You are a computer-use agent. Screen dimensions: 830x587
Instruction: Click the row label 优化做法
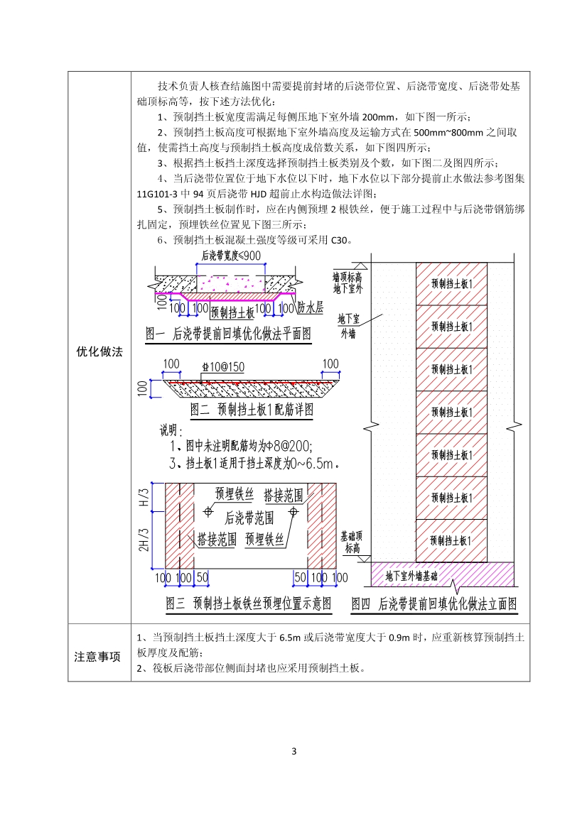click(x=99, y=351)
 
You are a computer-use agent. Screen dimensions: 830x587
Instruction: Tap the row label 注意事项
click(x=99, y=656)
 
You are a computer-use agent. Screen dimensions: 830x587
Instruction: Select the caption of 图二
click(x=252, y=410)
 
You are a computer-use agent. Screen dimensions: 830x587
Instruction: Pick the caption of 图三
click(x=248, y=604)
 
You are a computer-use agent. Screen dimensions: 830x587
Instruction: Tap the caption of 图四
click(x=433, y=604)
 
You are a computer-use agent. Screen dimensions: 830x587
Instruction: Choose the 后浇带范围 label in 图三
click(x=249, y=518)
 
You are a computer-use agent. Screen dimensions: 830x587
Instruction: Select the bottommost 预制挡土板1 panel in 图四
click(x=451, y=540)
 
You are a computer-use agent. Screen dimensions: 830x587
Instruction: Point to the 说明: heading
click(x=171, y=430)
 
